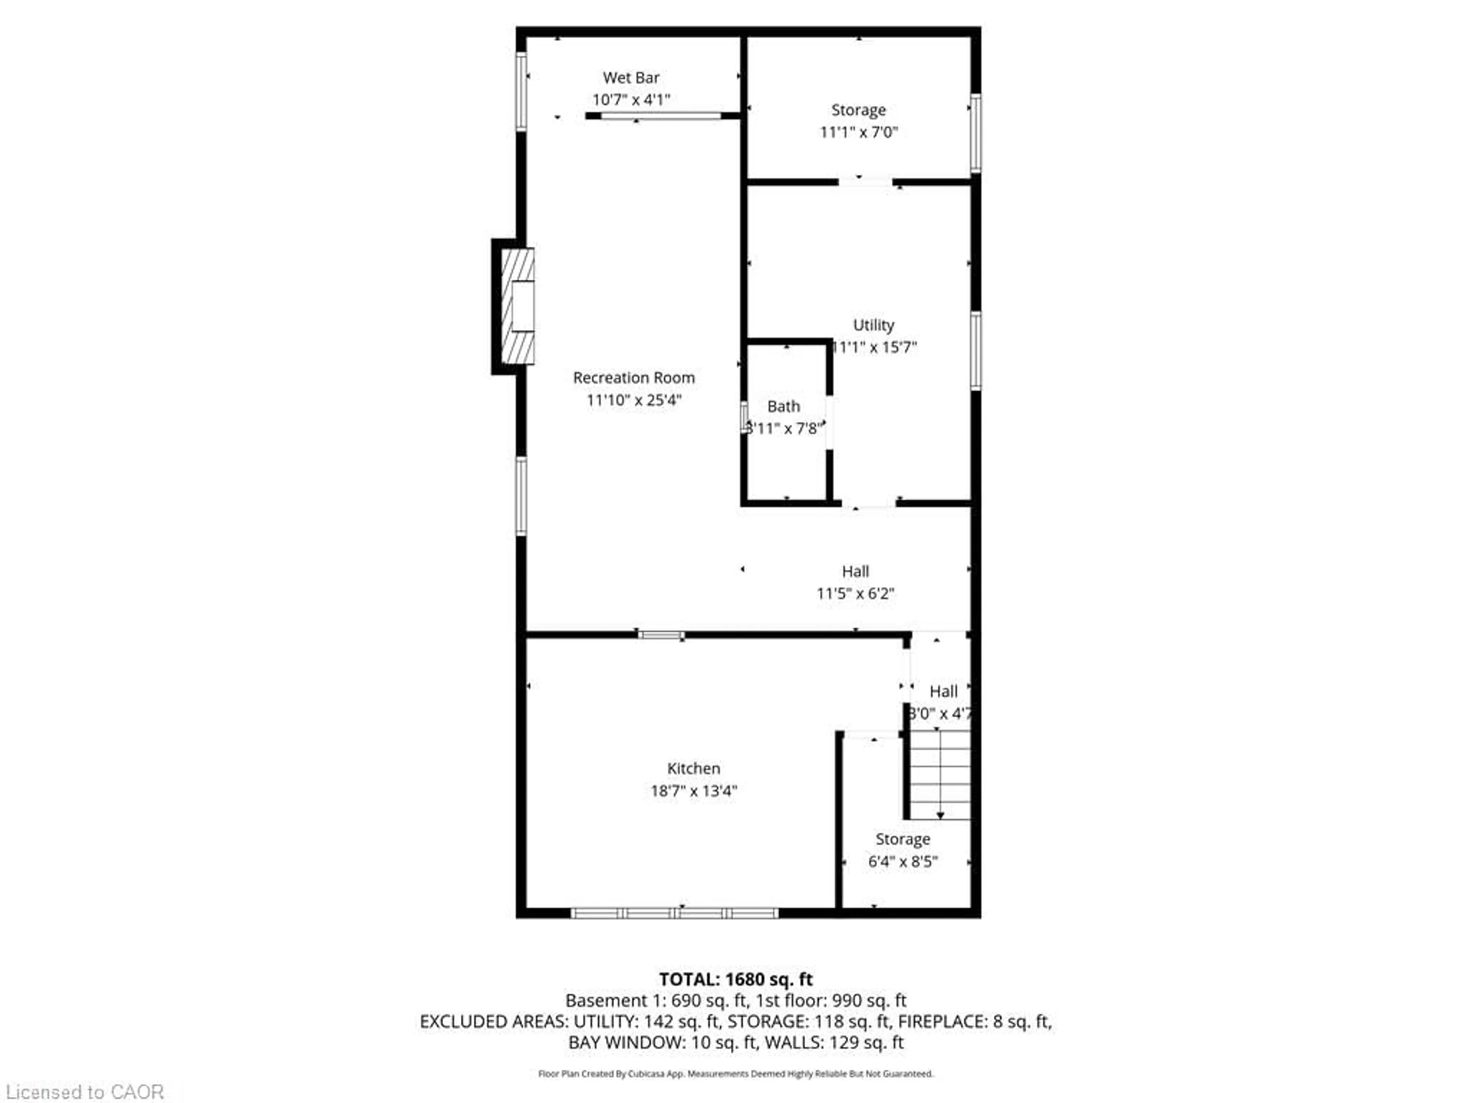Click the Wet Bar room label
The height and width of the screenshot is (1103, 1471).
point(631,78)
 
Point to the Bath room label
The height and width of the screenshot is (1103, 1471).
point(783,406)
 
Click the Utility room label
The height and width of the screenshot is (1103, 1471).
point(873,325)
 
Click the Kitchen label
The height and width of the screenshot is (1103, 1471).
point(694,769)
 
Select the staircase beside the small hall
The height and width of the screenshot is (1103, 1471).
point(939,774)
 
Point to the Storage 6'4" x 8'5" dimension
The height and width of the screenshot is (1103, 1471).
point(903,862)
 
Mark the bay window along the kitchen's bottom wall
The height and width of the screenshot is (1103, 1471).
point(674,913)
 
